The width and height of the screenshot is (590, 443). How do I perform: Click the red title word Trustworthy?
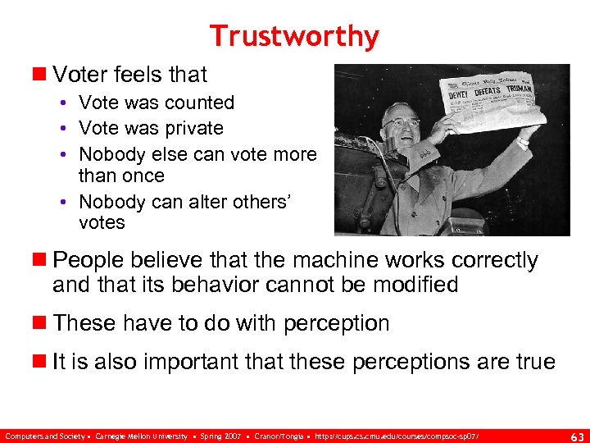pos(294,36)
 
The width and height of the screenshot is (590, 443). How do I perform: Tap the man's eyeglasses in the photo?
pos(402,123)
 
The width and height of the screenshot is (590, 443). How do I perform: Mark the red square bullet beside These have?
pos(41,323)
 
